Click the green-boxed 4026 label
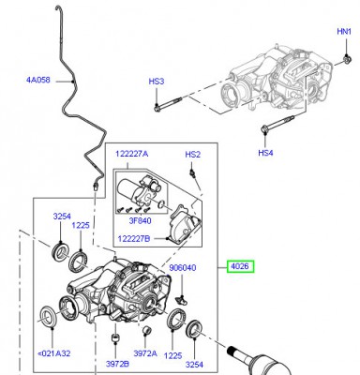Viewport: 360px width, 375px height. coord(240,266)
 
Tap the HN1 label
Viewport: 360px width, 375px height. coord(344,32)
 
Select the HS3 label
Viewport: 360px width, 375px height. coord(157,82)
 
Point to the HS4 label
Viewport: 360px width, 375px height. coord(265,153)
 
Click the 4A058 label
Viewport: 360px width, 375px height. coord(38,80)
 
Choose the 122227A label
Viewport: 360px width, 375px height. coord(132,154)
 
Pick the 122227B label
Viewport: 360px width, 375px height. coord(134,239)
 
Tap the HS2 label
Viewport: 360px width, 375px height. coord(193,155)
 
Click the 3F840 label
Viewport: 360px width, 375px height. coord(140,221)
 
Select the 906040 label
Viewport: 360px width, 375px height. coord(183,268)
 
